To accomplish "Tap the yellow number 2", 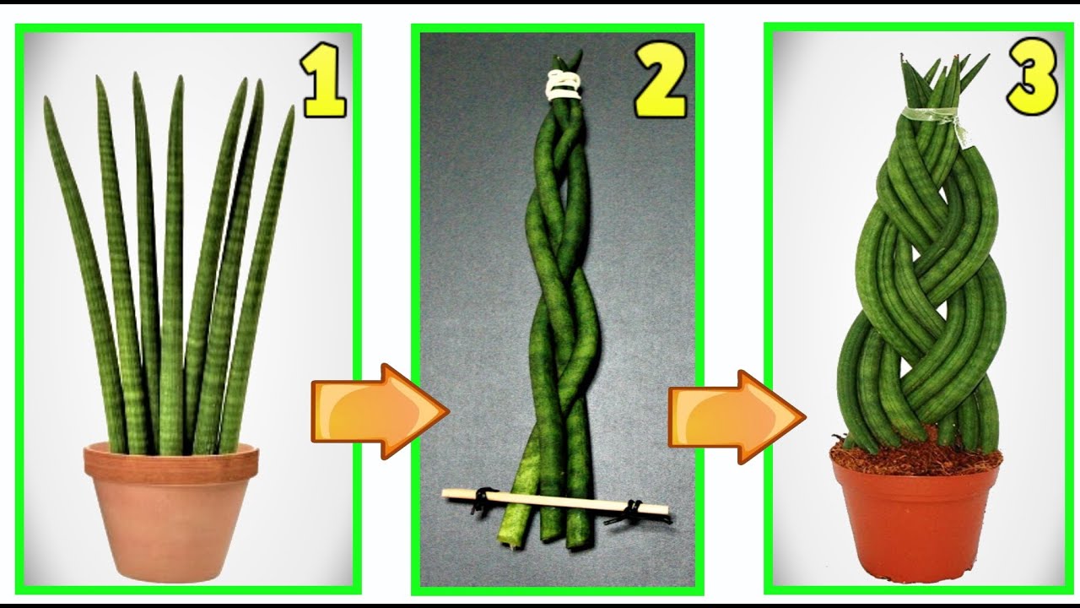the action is (660, 80).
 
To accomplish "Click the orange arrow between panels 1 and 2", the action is (380, 411).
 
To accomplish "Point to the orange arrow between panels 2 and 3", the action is (737, 417).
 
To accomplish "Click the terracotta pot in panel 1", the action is (171, 512).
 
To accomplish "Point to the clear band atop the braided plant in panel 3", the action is (930, 117).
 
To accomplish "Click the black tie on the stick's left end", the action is (481, 502).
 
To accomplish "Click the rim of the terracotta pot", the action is (171, 459).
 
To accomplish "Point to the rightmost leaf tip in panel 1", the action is (292, 108).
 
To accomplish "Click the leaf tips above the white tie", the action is (567, 62).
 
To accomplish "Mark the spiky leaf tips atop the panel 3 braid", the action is (939, 81).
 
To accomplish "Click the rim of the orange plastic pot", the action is (915, 461).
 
